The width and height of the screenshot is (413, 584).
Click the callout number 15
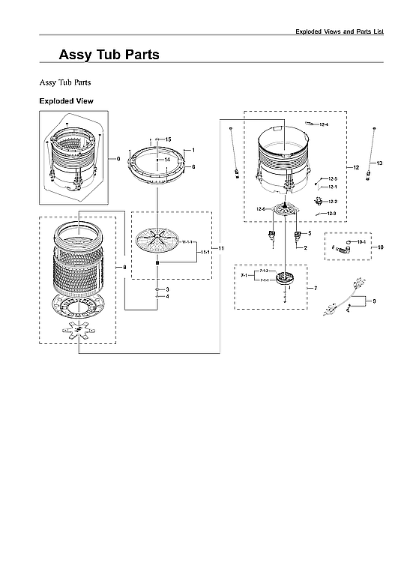coord(168,140)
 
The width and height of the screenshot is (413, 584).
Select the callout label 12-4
coord(324,124)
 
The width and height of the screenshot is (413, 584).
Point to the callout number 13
coord(379,163)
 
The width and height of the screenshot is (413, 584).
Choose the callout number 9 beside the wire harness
coord(374,301)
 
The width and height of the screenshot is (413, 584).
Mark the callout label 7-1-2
coord(263,270)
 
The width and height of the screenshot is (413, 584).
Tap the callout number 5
coord(309,234)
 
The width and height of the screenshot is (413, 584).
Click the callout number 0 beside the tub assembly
coord(118,159)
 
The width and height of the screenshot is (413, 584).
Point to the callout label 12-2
coord(332,201)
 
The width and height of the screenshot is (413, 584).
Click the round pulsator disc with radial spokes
coord(158,244)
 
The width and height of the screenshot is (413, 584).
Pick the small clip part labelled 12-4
coord(310,123)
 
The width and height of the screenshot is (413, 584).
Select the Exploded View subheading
coord(66,100)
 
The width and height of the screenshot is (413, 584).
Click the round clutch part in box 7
coord(286,280)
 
